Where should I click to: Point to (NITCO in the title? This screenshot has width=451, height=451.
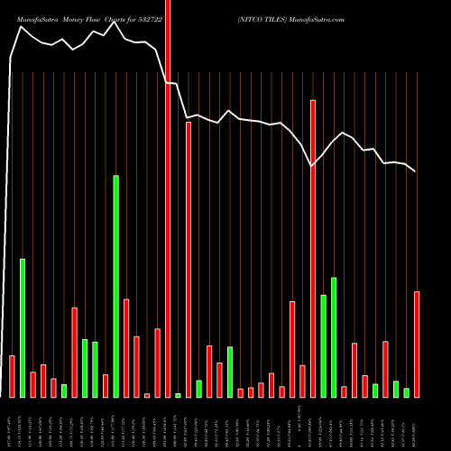pos(249,18)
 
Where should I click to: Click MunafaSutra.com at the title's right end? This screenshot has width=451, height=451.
pos(318,18)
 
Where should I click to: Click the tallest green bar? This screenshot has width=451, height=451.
pos(115,286)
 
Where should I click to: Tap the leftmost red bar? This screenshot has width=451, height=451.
pos(12,376)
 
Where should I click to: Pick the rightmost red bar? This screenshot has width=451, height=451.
pos(417,344)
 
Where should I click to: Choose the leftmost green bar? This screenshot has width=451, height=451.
pos(23,327)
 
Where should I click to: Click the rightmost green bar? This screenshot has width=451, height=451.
pos(406,392)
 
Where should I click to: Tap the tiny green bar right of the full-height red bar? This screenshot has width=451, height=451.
pos(178,395)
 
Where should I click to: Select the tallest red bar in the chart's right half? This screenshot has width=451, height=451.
pos(313,248)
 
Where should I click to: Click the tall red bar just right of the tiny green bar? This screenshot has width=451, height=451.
pos(189,259)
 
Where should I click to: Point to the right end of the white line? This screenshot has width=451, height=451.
pos(416,171)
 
